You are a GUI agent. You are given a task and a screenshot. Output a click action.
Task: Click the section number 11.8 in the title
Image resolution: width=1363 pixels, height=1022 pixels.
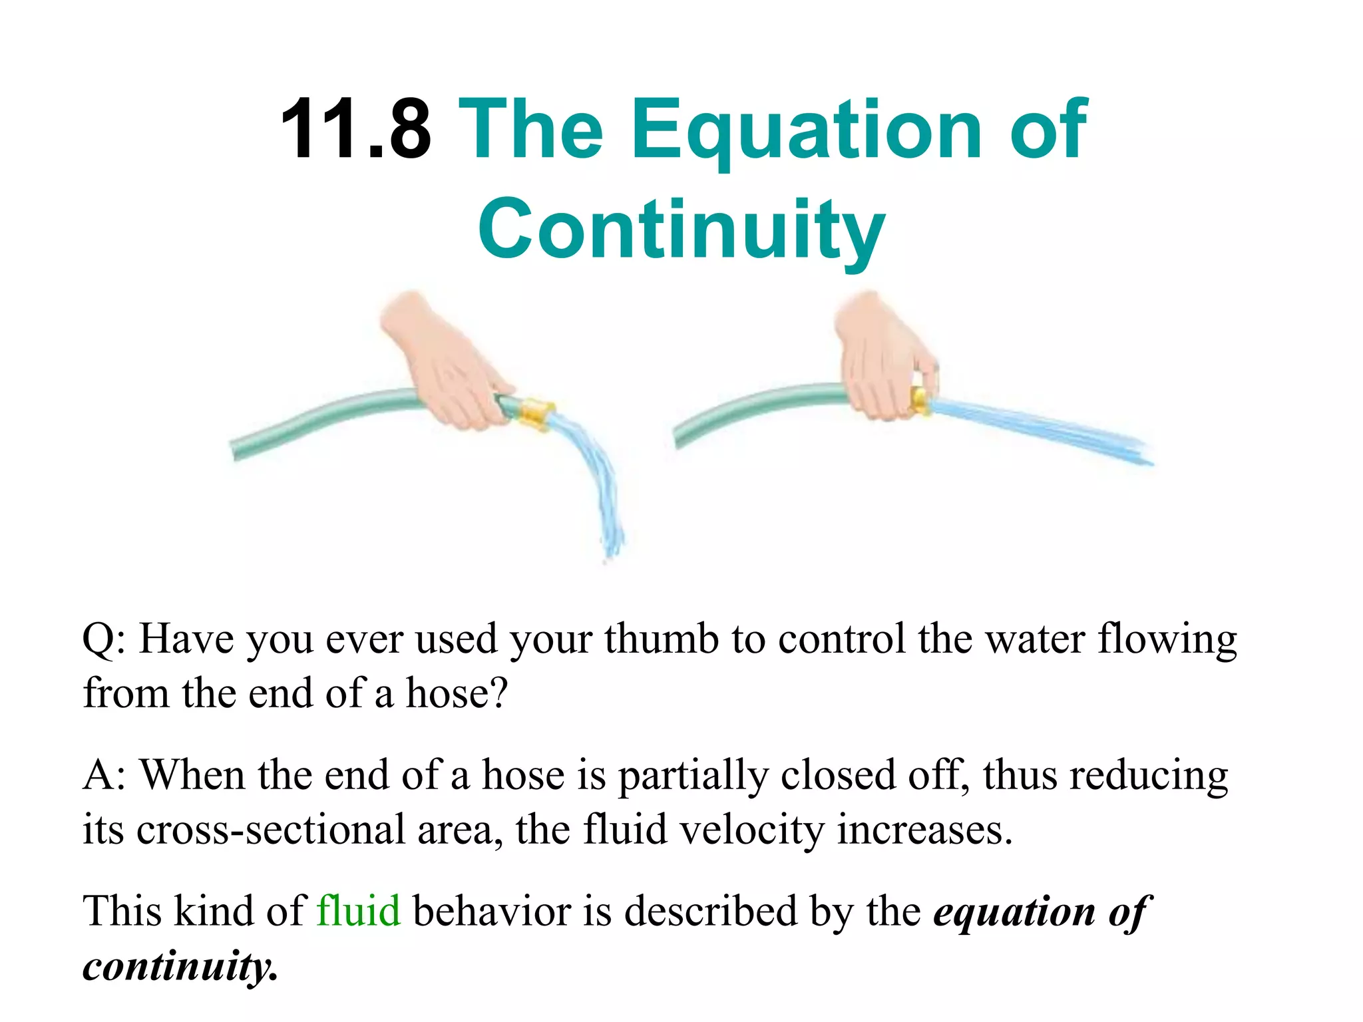tap(355, 130)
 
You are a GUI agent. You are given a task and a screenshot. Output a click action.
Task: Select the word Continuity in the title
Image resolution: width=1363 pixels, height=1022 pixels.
tap(681, 230)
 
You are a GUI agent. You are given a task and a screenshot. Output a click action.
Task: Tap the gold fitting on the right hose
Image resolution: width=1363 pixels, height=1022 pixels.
tap(921, 401)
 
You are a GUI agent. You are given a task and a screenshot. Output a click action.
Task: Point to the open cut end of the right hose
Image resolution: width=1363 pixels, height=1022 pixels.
tap(678, 436)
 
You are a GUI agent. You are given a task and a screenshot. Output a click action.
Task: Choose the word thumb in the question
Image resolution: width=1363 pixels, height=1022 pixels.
tap(661, 639)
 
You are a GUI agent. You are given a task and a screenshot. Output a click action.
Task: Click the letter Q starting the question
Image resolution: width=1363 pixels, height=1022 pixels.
tap(98, 639)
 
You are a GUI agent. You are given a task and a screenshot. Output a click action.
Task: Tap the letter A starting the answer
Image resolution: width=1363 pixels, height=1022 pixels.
tap(98, 775)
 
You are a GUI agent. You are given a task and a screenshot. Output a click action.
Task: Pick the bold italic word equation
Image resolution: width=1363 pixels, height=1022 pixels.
tap(1014, 912)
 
